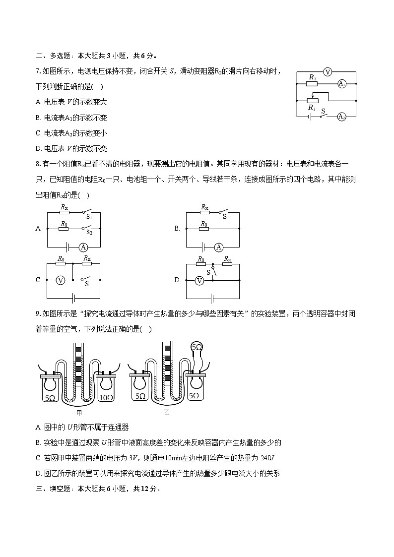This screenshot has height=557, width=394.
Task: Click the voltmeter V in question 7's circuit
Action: (327, 72)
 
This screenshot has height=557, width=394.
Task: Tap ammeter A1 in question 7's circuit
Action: (341, 84)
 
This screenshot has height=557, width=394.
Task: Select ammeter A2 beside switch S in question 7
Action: (341, 117)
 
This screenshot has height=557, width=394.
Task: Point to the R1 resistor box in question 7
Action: (312, 84)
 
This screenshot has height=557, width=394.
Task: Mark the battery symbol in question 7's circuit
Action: (310, 117)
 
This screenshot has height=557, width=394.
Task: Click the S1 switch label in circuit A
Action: (89, 217)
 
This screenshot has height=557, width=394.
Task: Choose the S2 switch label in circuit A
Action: (89, 232)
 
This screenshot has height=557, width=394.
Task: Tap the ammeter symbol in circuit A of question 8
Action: (83, 247)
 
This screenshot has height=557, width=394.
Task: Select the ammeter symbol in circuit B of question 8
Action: (219, 247)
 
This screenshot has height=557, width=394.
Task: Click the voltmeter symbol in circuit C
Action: (60, 280)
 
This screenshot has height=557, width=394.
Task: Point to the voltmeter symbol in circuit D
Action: (199, 280)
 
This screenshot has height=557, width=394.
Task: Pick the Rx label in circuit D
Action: (227, 259)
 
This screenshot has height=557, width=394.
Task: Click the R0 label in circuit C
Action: (61, 259)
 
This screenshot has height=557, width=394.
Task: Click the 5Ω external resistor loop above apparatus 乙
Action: (197, 347)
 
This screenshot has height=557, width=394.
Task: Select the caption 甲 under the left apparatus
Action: (79, 412)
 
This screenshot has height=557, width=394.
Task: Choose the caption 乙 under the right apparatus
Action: (167, 412)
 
